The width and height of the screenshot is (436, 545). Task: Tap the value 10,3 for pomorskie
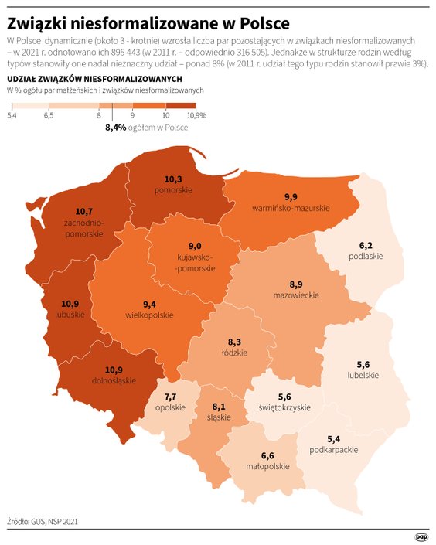pyautogui.click(x=172, y=179)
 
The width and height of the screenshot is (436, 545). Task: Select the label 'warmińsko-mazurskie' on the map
pyautogui.click(x=291, y=209)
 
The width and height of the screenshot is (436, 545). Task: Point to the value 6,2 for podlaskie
pyautogui.click(x=365, y=245)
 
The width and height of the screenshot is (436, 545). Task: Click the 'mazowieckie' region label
pyautogui.click(x=295, y=295)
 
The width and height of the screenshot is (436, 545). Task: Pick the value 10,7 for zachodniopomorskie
pyautogui.click(x=84, y=211)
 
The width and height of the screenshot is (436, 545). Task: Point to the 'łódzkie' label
pyautogui.click(x=235, y=353)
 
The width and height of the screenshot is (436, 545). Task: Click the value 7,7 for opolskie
pyautogui.click(x=170, y=397)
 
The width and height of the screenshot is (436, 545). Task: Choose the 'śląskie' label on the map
pyautogui.click(x=219, y=417)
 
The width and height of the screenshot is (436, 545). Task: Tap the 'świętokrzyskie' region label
pyautogui.click(x=284, y=407)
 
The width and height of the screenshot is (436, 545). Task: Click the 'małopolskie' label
pyautogui.click(x=268, y=466)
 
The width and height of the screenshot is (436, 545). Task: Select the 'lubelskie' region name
pyautogui.click(x=363, y=375)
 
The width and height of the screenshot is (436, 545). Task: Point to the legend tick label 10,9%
pyautogui.click(x=196, y=115)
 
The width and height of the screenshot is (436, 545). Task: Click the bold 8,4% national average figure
pyautogui.click(x=115, y=127)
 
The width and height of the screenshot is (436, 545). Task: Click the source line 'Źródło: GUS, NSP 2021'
pyautogui.click(x=43, y=522)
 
